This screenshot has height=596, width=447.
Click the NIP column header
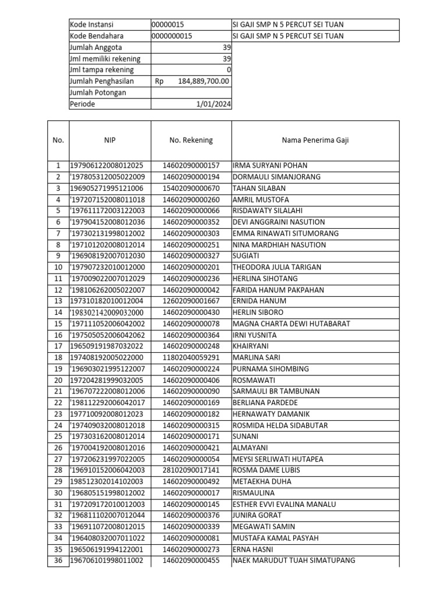click(x=110, y=140)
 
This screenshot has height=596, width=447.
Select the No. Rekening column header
click(x=191, y=140)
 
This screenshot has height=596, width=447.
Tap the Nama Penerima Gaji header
click(x=315, y=140)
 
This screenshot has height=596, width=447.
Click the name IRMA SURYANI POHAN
click(x=270, y=165)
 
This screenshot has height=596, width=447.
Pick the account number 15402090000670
click(x=191, y=188)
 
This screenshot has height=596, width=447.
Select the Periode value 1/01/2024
click(x=213, y=104)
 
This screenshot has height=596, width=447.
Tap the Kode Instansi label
click(x=91, y=24)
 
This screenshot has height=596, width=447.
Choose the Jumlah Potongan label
click(x=98, y=93)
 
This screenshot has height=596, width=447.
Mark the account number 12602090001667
click(x=191, y=301)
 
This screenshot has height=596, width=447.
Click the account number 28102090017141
click(x=191, y=470)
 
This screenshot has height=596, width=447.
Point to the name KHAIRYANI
click(x=251, y=346)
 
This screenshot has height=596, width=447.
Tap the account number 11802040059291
click(x=191, y=357)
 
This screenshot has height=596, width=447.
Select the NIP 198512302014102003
click(x=110, y=481)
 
